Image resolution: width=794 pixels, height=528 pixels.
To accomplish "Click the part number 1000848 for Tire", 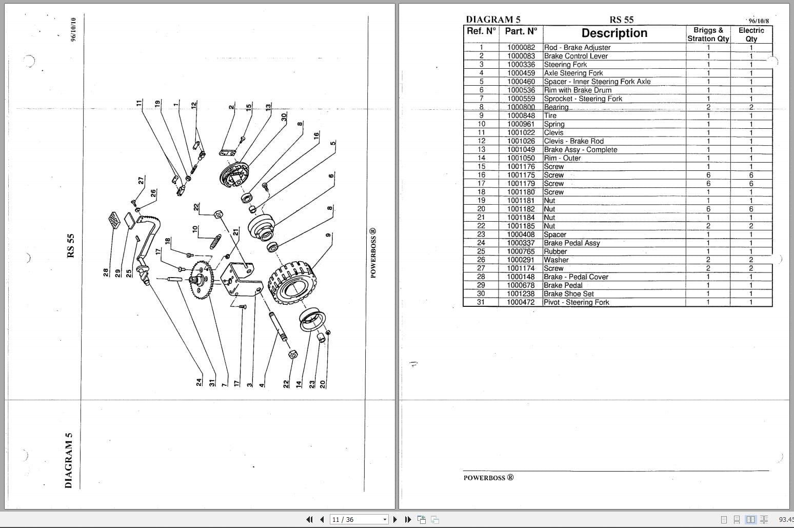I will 521,115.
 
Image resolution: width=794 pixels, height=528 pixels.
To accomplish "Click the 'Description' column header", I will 614,33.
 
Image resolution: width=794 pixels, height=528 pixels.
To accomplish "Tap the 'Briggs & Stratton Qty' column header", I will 708,34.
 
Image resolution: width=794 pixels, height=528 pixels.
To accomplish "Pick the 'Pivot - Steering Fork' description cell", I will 576,302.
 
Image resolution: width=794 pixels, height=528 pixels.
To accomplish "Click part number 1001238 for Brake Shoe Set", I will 521,294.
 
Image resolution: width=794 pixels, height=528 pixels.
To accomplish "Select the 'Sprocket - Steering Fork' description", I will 583,99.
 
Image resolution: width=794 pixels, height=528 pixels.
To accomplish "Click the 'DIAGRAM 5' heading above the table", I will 493,19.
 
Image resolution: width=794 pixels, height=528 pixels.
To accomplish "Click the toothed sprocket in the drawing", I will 202,280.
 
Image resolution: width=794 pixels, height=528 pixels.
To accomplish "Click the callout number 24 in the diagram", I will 199,382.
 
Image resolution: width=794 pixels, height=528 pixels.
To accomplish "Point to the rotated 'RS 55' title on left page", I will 71,246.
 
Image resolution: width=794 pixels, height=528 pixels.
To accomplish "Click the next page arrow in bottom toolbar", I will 395,519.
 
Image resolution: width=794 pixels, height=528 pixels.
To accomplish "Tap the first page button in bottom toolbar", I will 309,519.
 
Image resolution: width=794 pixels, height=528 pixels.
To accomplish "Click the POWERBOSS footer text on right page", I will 488,478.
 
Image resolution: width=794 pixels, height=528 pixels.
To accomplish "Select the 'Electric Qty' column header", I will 751,34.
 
